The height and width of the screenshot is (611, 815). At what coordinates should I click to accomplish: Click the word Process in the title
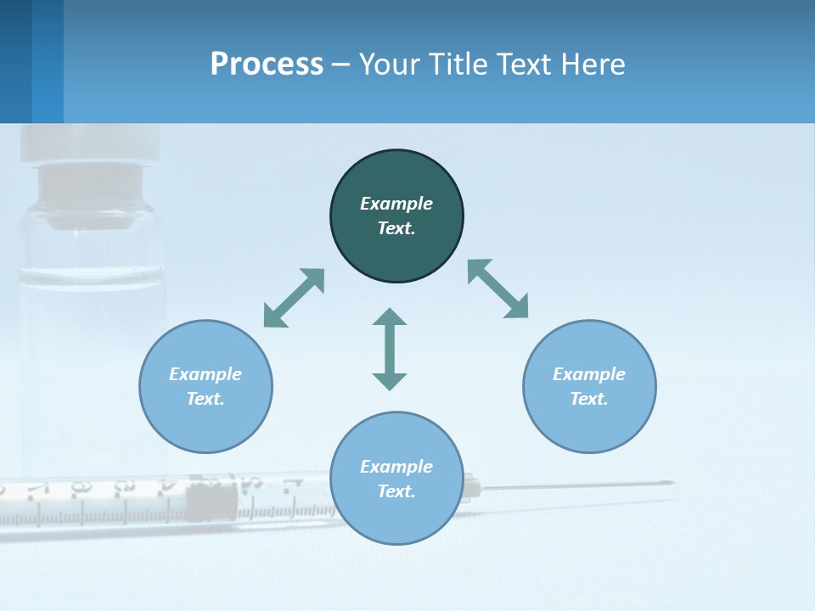(x=267, y=64)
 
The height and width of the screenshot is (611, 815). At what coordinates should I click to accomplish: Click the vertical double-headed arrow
(x=390, y=349)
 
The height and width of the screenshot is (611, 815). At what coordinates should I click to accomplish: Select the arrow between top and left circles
(x=294, y=298)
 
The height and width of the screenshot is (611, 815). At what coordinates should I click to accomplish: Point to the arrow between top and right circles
(x=497, y=289)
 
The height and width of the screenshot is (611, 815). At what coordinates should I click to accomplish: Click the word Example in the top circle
(x=396, y=204)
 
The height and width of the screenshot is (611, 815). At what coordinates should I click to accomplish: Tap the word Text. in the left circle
(x=205, y=399)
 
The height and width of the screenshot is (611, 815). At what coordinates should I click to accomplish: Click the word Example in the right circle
(x=589, y=374)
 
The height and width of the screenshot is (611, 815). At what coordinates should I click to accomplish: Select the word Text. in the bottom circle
(x=396, y=491)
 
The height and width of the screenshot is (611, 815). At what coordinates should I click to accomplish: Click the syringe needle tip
(x=671, y=483)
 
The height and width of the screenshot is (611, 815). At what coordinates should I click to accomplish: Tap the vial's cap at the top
(x=90, y=144)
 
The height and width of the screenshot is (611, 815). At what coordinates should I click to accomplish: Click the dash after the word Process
(x=341, y=64)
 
